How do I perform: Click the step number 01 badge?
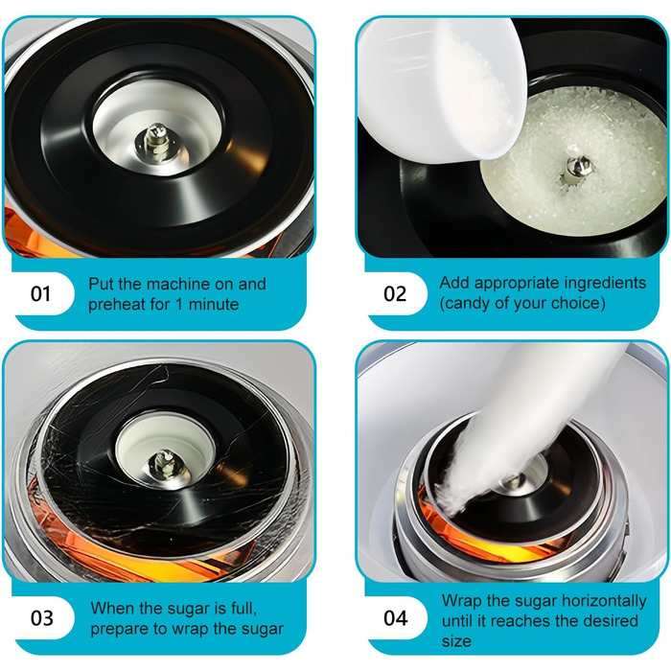point(40,294)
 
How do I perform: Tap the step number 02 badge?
point(395,294)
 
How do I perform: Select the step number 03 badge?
point(41,618)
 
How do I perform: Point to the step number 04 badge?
point(395,618)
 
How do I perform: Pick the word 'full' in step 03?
point(245,608)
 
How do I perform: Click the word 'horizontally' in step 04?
point(604,601)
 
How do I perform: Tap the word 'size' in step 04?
point(456,641)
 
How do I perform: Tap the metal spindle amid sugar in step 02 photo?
point(576,170)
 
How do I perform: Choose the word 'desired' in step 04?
point(610,621)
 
